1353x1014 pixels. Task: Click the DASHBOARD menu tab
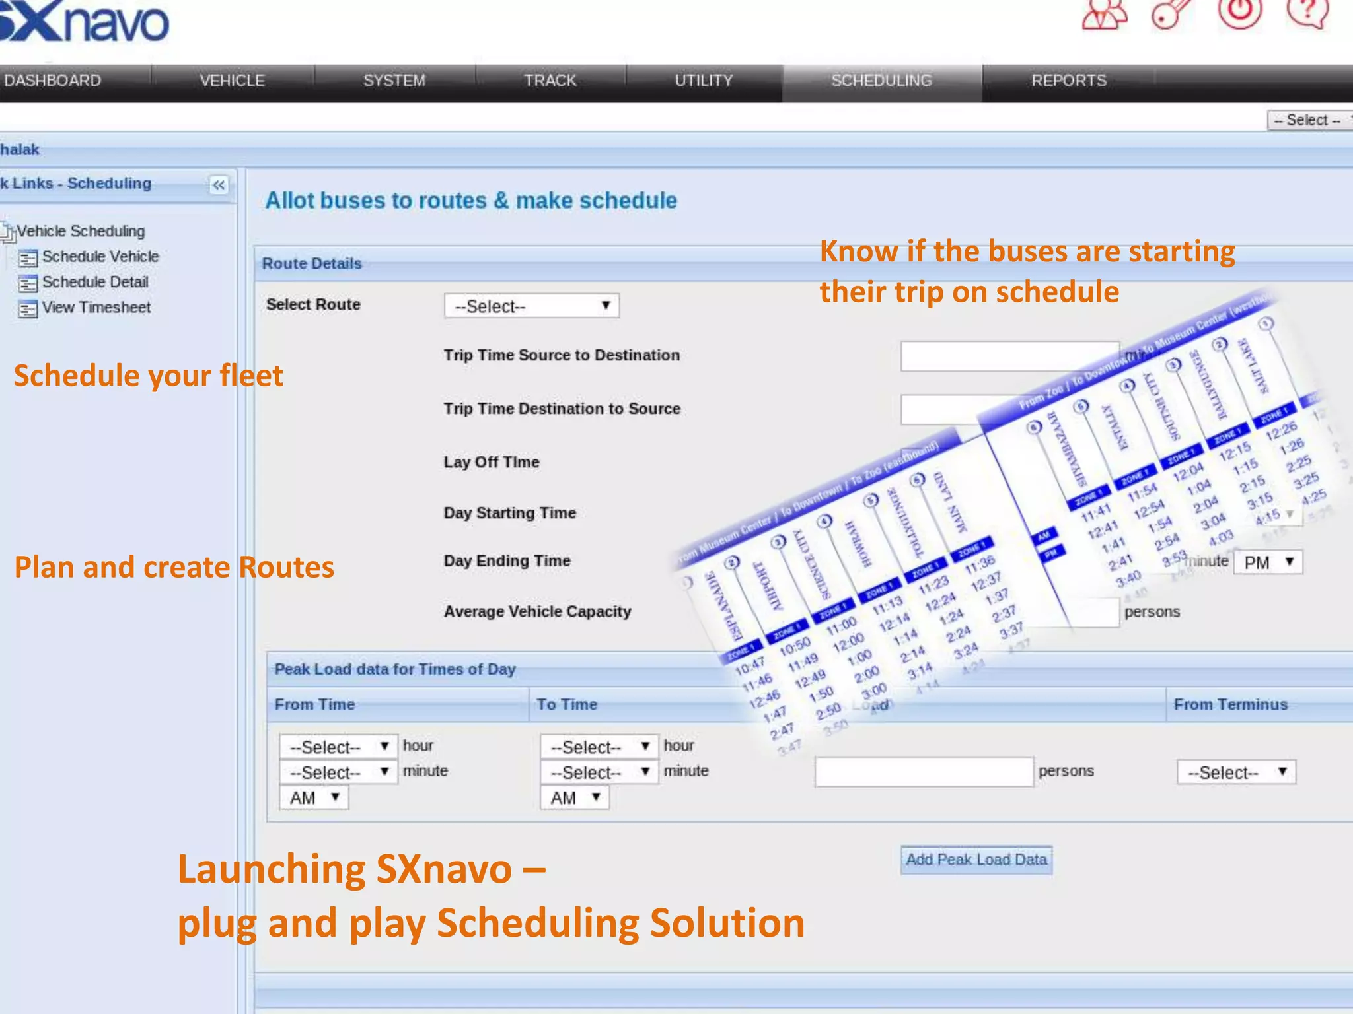[x=53, y=81]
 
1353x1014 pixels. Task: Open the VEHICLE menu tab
[x=232, y=81]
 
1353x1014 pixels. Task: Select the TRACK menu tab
[x=550, y=81]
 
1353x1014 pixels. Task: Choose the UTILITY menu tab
[x=704, y=81]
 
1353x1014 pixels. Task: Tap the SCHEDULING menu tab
[x=881, y=81]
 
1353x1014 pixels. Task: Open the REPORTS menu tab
[x=1068, y=81]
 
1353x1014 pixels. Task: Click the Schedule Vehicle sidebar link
[x=100, y=257]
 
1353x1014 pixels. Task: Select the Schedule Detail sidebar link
[x=94, y=283]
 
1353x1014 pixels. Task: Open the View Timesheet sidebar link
[x=96, y=308]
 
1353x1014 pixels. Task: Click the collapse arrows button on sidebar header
[x=219, y=185]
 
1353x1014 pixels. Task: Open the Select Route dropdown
[x=531, y=306]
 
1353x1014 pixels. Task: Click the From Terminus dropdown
[x=1235, y=772]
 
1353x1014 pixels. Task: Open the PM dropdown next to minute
[x=1267, y=562]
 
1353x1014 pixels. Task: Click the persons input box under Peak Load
[x=923, y=772]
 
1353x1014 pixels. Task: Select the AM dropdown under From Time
[x=314, y=797]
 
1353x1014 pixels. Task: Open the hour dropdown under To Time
[x=599, y=747]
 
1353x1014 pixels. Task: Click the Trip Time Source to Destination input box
[x=1009, y=356]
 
